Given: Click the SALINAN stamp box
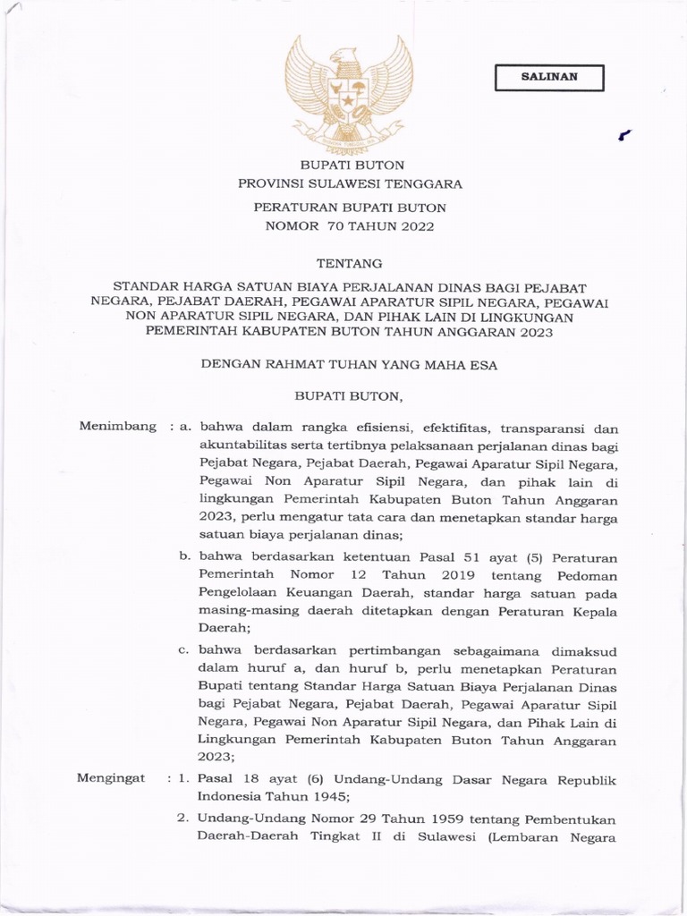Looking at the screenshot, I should (x=549, y=77).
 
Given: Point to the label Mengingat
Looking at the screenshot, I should (x=112, y=779).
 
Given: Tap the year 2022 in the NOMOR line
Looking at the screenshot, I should (x=414, y=225).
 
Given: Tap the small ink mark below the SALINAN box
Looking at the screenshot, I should (x=624, y=135).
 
